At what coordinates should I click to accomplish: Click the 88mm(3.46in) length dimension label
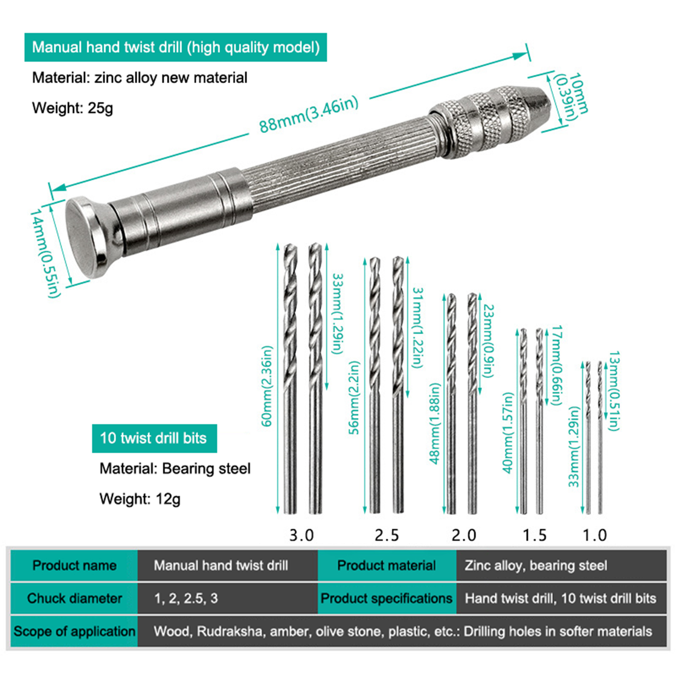click(309, 114)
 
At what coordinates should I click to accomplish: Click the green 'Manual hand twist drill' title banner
click(176, 47)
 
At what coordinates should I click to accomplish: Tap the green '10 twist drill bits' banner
click(155, 438)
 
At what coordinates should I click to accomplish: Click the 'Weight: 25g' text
click(73, 108)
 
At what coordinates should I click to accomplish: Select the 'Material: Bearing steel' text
click(175, 469)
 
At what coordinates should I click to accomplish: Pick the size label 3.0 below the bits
click(301, 535)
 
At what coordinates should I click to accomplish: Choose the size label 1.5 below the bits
click(534, 535)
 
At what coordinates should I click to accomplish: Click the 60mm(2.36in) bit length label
click(267, 386)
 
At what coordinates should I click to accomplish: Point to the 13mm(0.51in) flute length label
click(614, 391)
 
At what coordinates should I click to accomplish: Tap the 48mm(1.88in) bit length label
click(435, 423)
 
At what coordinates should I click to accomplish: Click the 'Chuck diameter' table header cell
click(74, 598)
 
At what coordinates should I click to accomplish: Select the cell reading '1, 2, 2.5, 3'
click(186, 598)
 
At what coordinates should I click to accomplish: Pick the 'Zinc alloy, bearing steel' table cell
click(536, 565)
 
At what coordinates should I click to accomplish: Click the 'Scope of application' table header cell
click(74, 631)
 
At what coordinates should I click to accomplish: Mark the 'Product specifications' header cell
click(387, 598)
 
